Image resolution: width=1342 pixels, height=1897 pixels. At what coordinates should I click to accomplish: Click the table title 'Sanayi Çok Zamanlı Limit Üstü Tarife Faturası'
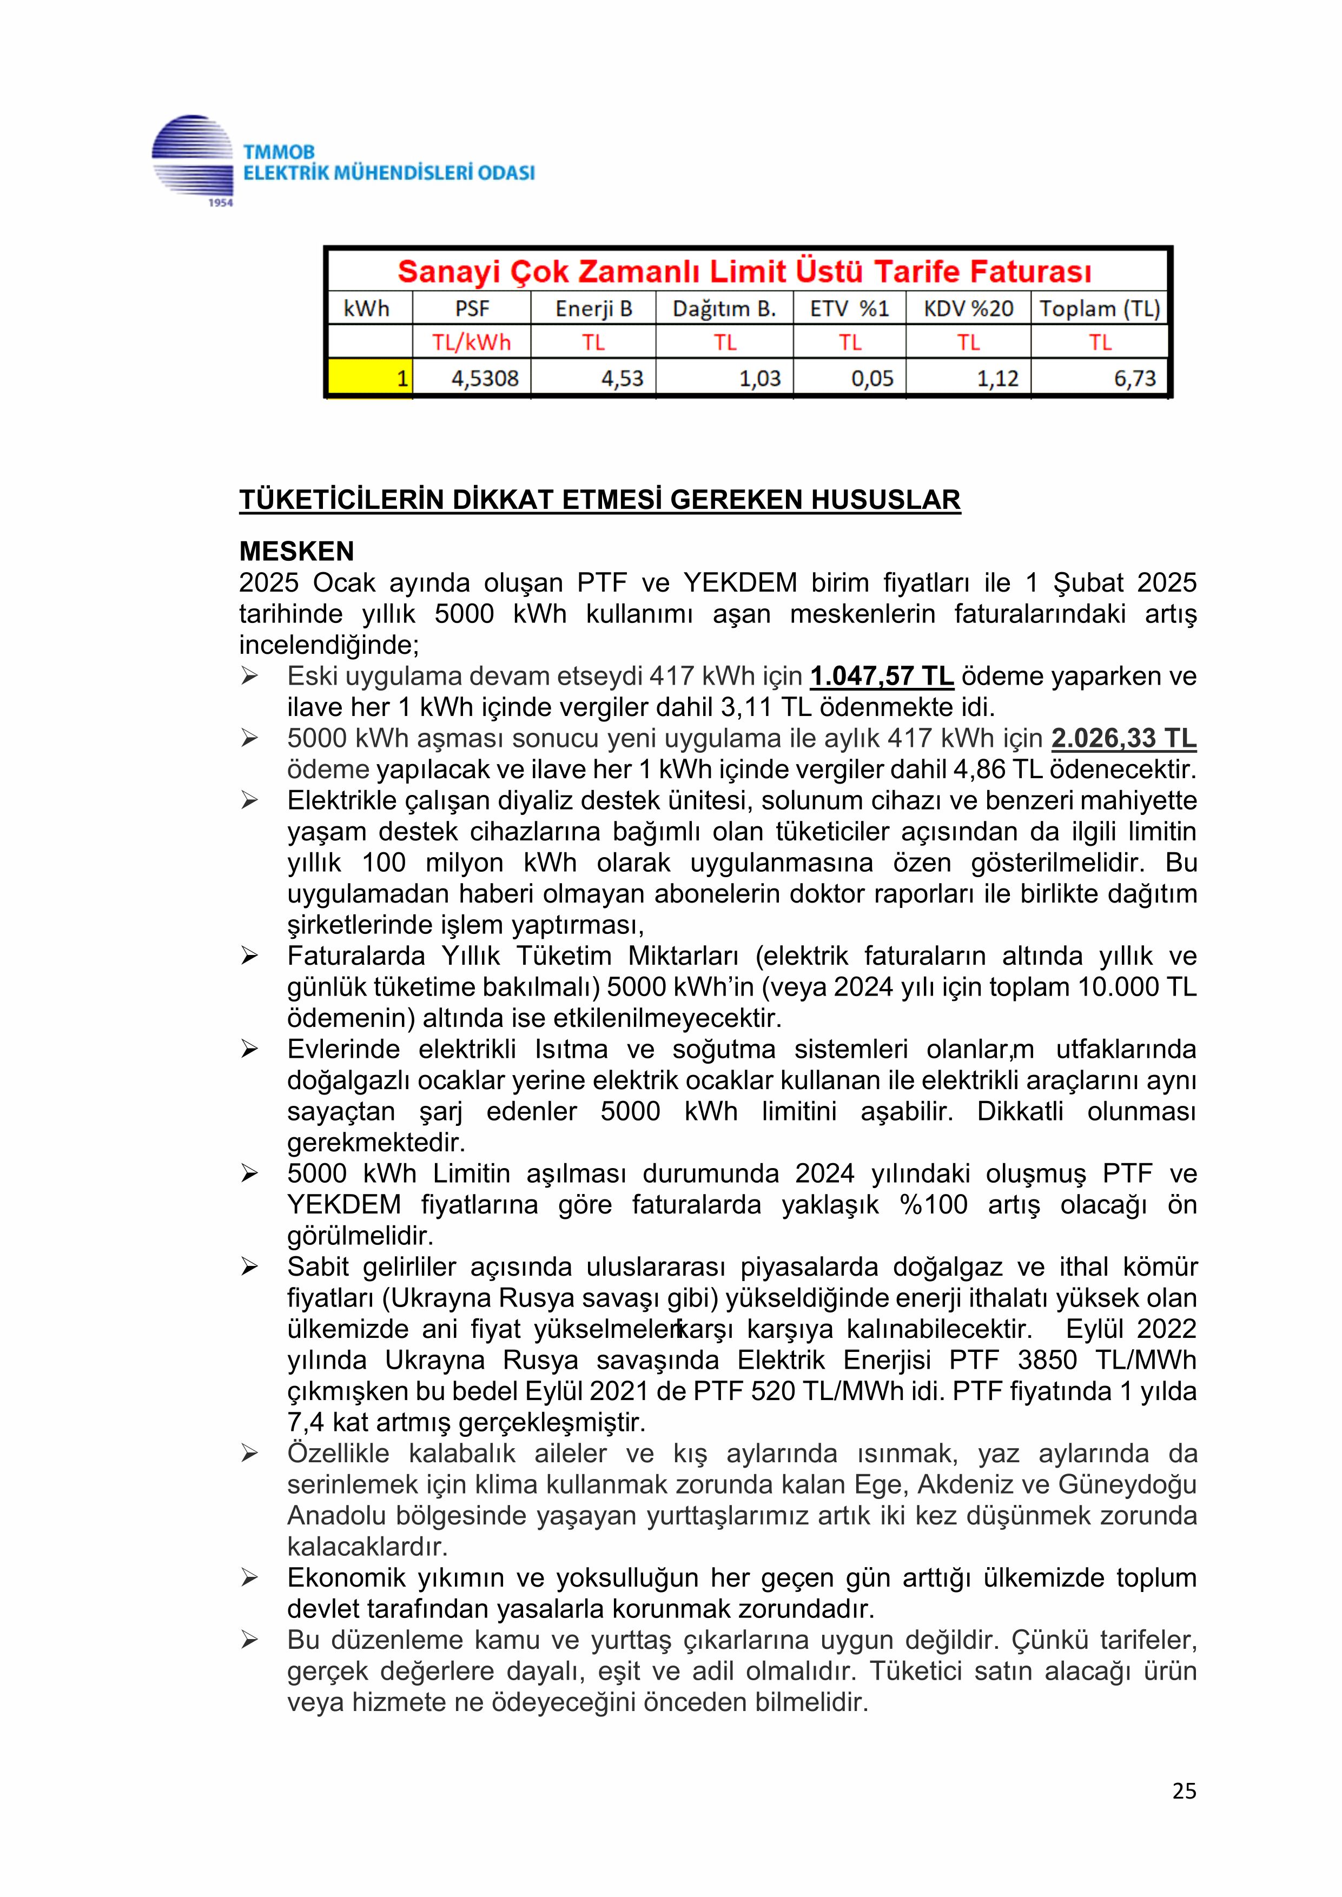pos(744,271)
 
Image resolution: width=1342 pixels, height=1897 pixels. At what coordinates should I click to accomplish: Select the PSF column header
pos(472,309)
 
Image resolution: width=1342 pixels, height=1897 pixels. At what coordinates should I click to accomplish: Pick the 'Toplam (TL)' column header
pos(1099,309)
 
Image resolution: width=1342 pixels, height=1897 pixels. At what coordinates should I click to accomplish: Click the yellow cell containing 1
pos(370,379)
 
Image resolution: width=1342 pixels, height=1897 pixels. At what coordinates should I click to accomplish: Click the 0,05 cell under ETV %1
pos(872,379)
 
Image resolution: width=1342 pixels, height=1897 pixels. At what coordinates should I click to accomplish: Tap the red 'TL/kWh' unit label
pos(471,342)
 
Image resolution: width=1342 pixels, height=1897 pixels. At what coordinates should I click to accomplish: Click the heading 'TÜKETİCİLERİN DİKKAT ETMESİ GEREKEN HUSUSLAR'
pos(599,500)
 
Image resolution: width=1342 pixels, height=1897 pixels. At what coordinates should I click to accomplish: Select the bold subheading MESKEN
pos(296,551)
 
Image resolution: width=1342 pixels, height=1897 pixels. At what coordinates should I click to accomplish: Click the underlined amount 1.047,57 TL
pos(882,676)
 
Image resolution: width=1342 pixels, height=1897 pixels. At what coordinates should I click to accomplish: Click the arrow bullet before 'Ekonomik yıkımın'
pos(249,1578)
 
